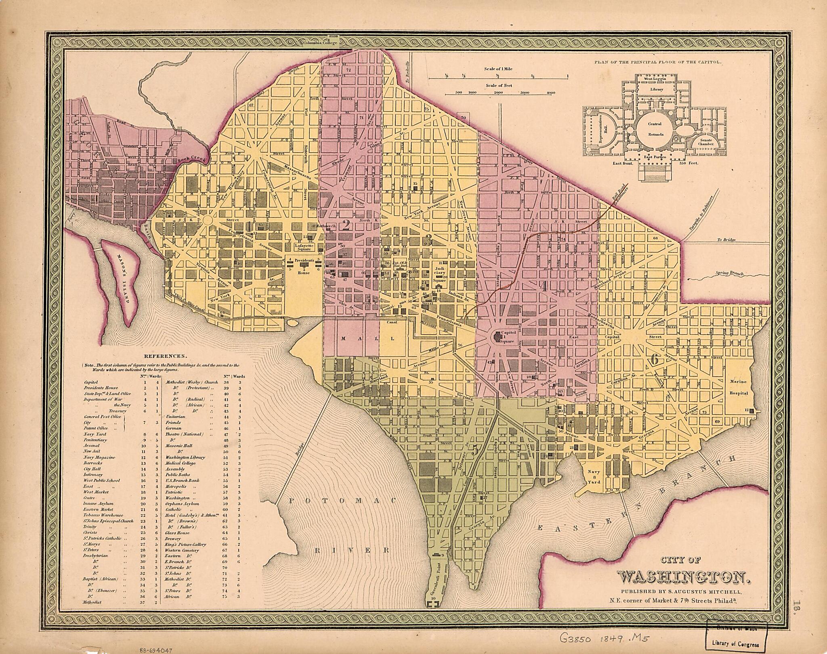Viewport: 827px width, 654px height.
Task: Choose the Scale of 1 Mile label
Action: click(498, 69)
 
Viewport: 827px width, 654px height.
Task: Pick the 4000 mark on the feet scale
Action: click(550, 93)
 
